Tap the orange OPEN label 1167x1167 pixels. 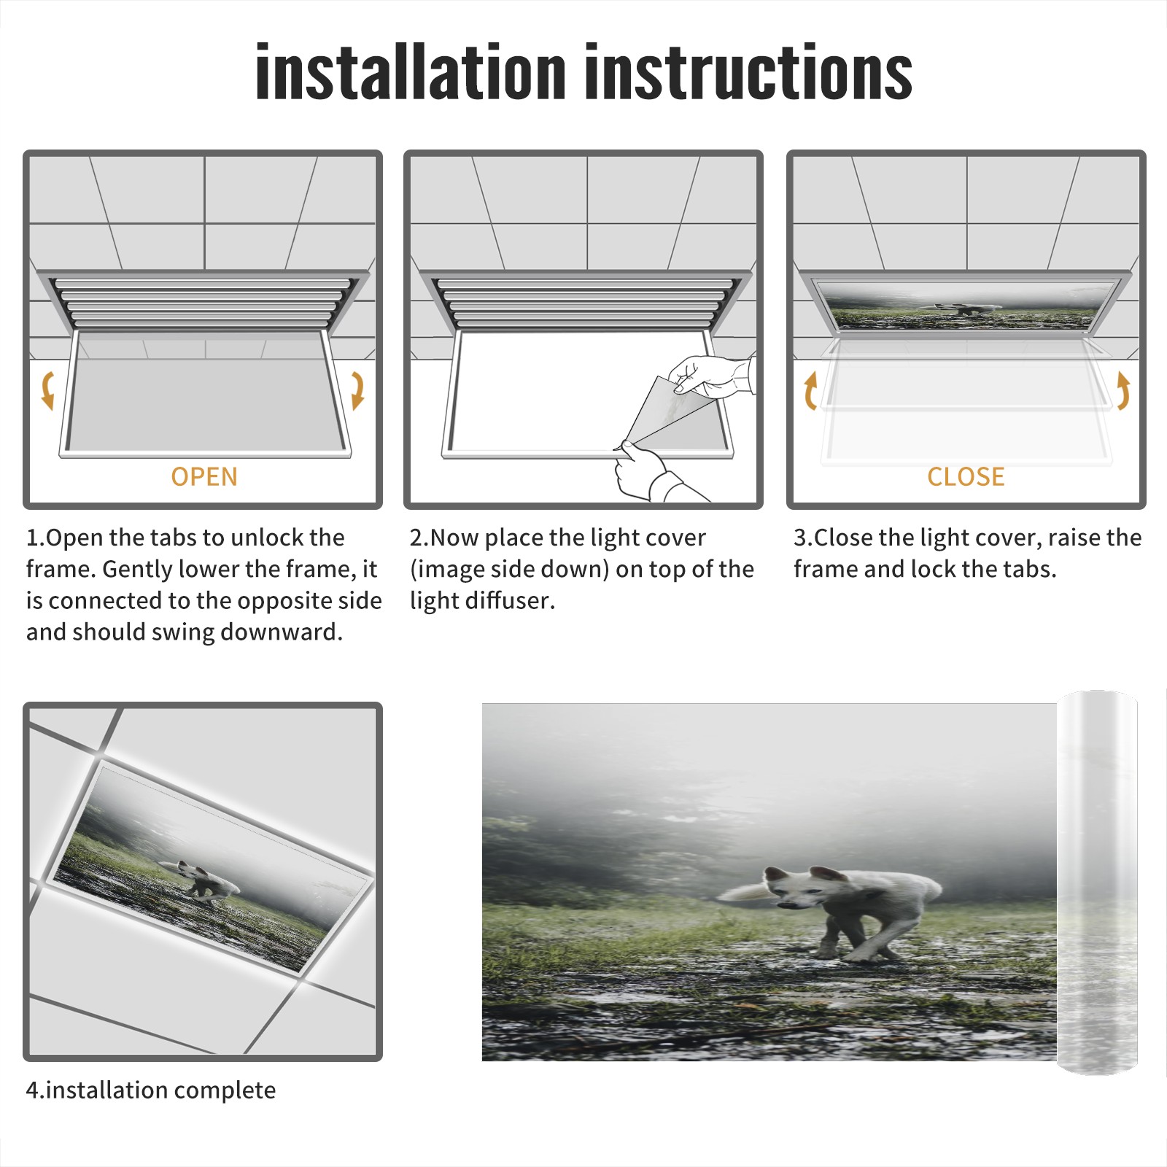coord(204,477)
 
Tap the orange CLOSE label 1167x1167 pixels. coord(966,477)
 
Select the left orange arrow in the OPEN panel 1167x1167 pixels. coord(47,390)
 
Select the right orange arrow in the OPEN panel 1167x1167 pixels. coord(357,390)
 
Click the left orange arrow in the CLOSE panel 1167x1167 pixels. coord(810,390)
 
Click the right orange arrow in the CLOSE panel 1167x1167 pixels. coord(1123,390)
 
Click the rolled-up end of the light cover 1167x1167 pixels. coord(1097,883)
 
